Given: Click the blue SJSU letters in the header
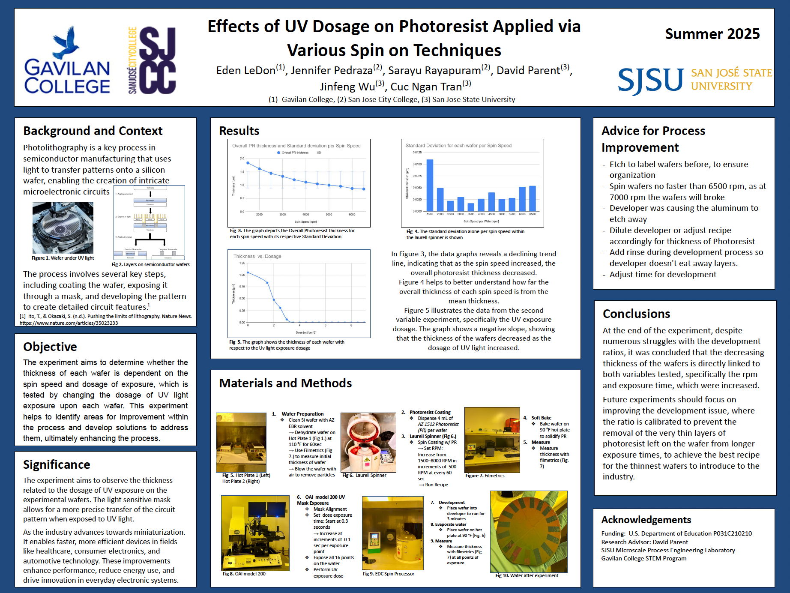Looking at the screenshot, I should coord(650,80).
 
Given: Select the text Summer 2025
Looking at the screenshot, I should coord(712,34).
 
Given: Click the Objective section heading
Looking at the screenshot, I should coord(50,347).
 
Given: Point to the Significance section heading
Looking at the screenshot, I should coord(57,464).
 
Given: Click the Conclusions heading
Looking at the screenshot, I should coord(636,314).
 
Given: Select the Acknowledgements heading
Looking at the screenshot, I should coord(646,520).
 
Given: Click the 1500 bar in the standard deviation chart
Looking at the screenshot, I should coord(430,185).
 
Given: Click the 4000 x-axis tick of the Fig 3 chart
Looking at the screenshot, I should coord(305,214).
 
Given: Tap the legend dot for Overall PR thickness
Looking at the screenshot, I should coord(278,153).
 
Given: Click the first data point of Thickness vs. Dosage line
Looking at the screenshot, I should coord(248,273).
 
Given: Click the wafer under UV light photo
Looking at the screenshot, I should coord(63,228).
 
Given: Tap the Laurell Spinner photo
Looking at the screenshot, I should coord(368,442).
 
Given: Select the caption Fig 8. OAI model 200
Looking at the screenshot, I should coord(244,574).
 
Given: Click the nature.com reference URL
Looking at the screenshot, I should coord(69,323).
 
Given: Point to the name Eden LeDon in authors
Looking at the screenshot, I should coord(246,70).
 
